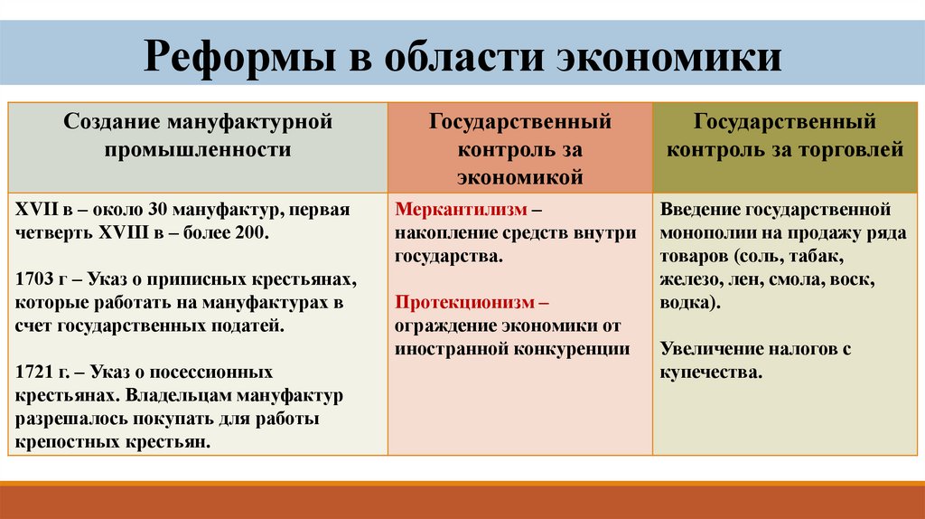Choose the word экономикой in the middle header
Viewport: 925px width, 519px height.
519,178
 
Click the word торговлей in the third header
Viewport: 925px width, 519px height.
850,150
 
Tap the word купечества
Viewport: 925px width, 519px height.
710,373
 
